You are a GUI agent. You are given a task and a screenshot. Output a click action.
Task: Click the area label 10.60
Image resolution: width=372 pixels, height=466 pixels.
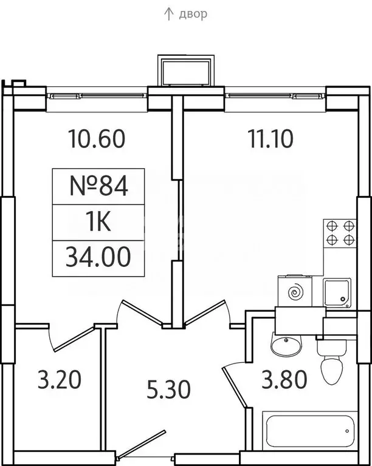coord(97,138)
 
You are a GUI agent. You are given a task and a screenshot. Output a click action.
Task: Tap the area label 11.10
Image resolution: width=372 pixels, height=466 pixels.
coord(270,138)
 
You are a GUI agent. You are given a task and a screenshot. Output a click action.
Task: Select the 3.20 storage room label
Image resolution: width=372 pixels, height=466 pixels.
coord(60,379)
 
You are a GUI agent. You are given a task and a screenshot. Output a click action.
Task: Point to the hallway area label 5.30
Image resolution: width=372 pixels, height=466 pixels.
coord(169,390)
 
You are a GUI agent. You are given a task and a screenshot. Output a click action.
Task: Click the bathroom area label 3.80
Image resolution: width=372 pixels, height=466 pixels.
coord(284,379)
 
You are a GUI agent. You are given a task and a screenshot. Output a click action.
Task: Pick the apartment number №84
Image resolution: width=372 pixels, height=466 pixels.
coord(98,186)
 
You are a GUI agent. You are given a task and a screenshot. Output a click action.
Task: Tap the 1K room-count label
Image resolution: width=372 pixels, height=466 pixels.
coord(98,221)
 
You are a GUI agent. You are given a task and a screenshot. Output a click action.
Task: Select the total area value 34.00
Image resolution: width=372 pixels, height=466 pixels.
coord(98,257)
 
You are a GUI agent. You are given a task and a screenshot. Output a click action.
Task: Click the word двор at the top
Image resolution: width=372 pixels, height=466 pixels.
coord(193,15)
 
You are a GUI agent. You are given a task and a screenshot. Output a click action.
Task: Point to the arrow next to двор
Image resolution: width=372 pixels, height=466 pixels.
coord(169,15)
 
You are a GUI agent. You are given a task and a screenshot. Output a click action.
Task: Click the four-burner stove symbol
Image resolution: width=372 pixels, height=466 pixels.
coord(340,232)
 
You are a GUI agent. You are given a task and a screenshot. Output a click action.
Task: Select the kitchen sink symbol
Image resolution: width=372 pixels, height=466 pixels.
coord(337,292)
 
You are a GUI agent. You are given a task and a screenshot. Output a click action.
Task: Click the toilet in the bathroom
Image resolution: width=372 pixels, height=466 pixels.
coord(331,363)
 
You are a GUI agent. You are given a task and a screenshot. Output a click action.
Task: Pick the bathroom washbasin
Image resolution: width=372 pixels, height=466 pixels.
coord(286,344)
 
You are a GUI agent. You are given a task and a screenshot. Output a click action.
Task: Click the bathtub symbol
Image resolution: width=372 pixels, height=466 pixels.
coord(310,431)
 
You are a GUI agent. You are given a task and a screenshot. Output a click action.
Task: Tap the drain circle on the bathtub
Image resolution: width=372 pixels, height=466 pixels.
coord(347,431)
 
